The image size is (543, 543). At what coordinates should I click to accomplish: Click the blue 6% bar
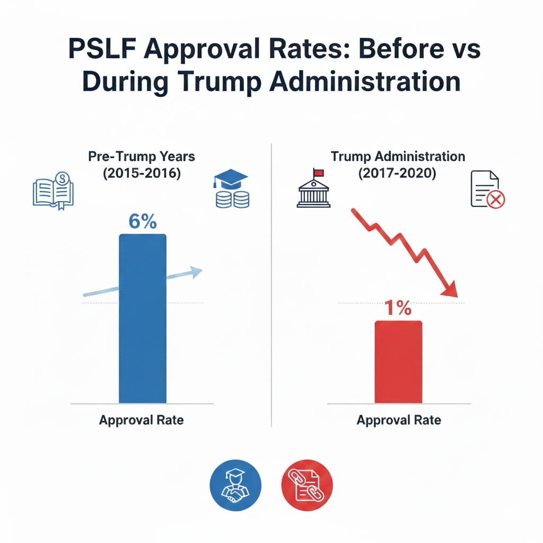pos(143,318)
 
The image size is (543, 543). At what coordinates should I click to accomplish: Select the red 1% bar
pos(398,362)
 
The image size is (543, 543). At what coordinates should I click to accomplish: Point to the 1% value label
pos(398,308)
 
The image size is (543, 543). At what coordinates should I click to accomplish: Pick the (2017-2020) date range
pos(398,173)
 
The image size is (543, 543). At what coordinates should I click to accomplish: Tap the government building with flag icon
pos(313,190)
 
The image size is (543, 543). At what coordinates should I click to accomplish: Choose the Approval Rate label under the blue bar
pos(141,421)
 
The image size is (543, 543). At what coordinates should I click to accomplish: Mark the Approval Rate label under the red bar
pos(399,421)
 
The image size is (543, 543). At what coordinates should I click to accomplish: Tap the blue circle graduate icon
pos(236,484)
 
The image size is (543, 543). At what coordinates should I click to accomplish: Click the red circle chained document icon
pos(306,484)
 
